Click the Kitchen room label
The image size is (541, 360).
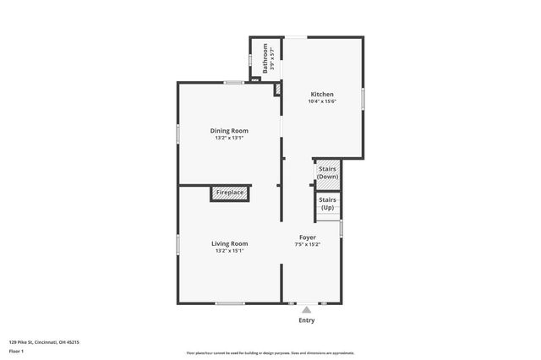(x=322, y=94)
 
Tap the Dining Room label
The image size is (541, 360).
(x=229, y=130)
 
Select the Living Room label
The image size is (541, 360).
(x=229, y=243)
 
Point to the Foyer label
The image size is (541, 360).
(x=307, y=237)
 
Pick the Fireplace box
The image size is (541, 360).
(x=230, y=194)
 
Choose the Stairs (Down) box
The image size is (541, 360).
(x=327, y=172)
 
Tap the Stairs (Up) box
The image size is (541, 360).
(x=327, y=204)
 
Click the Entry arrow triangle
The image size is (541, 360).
(x=307, y=310)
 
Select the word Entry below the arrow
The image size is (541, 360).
(x=307, y=321)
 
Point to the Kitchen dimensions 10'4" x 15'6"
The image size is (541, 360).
(x=322, y=101)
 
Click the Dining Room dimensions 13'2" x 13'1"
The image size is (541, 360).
(x=229, y=138)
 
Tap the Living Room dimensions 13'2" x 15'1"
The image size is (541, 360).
(x=229, y=251)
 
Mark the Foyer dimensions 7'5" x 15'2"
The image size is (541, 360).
(x=307, y=245)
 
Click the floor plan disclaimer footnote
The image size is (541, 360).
(x=270, y=352)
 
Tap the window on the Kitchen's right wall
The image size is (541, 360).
(x=363, y=99)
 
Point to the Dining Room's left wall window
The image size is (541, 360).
(x=178, y=134)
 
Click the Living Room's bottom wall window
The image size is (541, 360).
(x=229, y=303)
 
